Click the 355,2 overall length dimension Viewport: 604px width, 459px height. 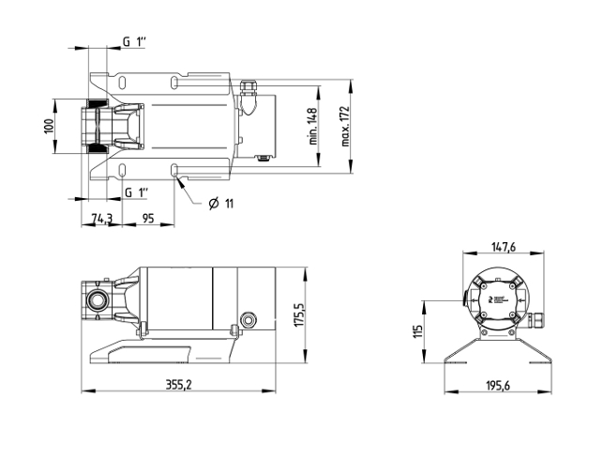[x=178, y=384]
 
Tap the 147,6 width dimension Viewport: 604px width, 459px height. [x=503, y=247]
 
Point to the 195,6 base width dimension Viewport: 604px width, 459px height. [x=498, y=385]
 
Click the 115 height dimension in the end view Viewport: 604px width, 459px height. [x=417, y=331]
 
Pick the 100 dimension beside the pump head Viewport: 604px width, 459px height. [x=50, y=126]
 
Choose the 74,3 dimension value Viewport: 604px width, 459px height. [x=101, y=218]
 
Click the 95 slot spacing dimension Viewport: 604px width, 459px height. [x=148, y=218]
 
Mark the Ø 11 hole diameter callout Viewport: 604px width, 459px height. [x=221, y=203]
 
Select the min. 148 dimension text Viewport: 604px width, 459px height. [x=313, y=127]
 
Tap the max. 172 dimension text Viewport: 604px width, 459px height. [x=345, y=127]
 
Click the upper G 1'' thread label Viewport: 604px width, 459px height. [x=135, y=41]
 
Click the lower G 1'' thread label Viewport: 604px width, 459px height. [x=137, y=191]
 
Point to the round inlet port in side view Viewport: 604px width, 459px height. [x=95, y=300]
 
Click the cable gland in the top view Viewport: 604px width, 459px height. [x=247, y=98]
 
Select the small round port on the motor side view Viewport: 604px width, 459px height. [x=248, y=319]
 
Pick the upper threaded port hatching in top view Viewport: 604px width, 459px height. [x=98, y=104]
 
